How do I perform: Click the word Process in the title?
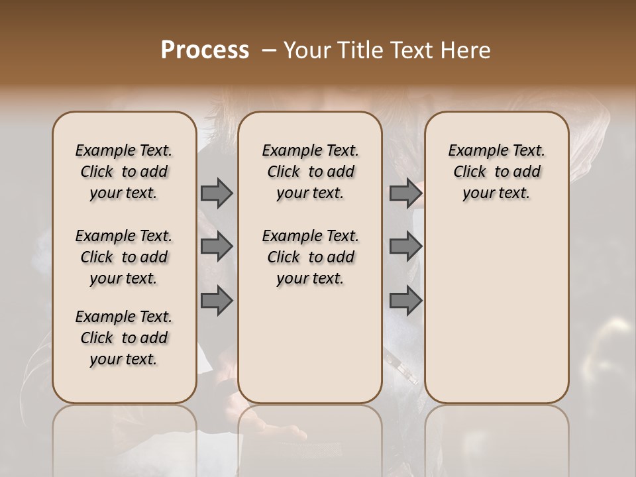point(205,50)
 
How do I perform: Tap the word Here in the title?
point(467,50)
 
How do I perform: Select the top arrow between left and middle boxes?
point(217,193)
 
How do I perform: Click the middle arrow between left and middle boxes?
point(217,247)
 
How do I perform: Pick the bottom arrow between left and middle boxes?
point(217,301)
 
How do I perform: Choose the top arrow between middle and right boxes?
point(405,193)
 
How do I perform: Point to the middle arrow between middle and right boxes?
point(405,247)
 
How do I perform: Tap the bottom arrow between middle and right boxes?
point(405,301)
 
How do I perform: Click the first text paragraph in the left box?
point(124,172)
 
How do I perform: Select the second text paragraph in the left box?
point(124,257)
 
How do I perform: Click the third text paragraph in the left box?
point(124,338)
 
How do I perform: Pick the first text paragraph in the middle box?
point(310,172)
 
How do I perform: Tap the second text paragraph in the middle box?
point(310,257)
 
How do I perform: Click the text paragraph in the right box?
point(497,172)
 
